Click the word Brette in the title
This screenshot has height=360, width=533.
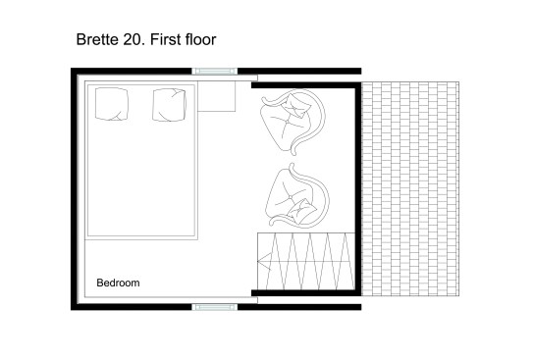pos(97,39)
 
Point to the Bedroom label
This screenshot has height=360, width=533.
pos(118,283)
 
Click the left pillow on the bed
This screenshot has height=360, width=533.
pos(112,104)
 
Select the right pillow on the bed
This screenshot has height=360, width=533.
pos(169,105)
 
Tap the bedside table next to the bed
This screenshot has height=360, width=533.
pos(217,96)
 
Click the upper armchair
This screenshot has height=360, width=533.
pos(293,121)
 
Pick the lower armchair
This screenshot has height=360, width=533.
pos(297,196)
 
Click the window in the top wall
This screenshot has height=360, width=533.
pos(215,71)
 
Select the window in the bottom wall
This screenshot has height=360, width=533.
pos(215,307)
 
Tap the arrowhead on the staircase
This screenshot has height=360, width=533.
pos(264,262)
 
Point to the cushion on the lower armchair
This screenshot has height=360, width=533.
pos(299,212)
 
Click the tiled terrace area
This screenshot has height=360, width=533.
pos(410,189)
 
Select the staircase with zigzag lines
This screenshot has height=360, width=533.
pos(306,261)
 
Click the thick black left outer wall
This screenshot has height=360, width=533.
pos(74,189)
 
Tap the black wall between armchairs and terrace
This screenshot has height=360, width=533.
pos(358,189)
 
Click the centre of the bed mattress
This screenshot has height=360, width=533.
pos(141,160)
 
